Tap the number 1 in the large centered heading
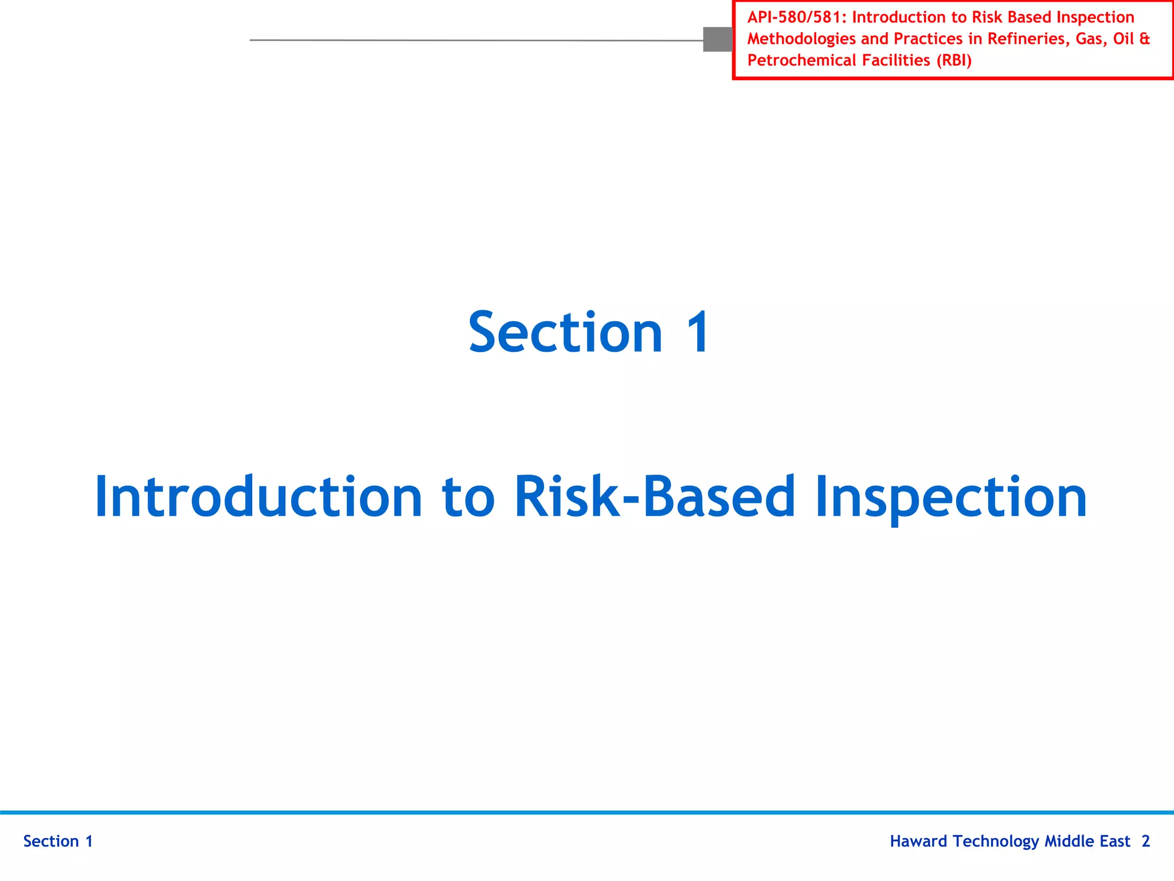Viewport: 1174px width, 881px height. click(x=698, y=333)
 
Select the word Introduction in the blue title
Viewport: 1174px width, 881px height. click(x=259, y=497)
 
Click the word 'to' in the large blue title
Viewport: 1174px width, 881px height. click(x=468, y=498)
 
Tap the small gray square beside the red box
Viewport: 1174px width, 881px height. click(x=717, y=40)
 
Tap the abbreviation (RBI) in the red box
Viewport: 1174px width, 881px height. click(x=954, y=60)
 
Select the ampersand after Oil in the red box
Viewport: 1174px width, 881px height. click(x=1144, y=39)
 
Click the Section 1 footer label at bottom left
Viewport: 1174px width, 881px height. click(x=58, y=841)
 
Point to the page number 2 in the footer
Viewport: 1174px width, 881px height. click(x=1145, y=841)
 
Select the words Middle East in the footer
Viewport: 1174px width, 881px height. click(x=1087, y=841)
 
